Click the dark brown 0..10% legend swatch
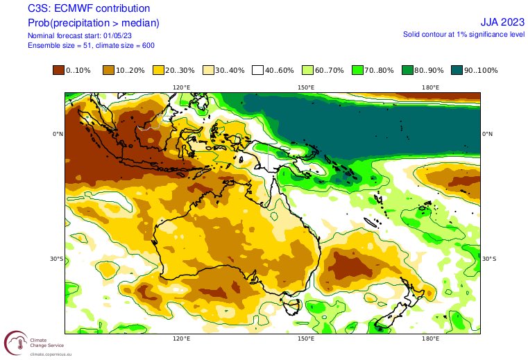click(x=59, y=70)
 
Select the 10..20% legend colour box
click(x=108, y=70)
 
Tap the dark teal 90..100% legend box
click(x=457, y=70)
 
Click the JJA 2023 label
click(x=502, y=23)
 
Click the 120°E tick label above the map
click(x=182, y=87)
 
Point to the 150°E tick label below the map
click(x=306, y=339)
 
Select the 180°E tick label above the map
click(x=429, y=87)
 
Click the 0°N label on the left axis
click(x=58, y=134)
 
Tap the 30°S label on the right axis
click(x=489, y=259)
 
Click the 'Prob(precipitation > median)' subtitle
click(x=94, y=23)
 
